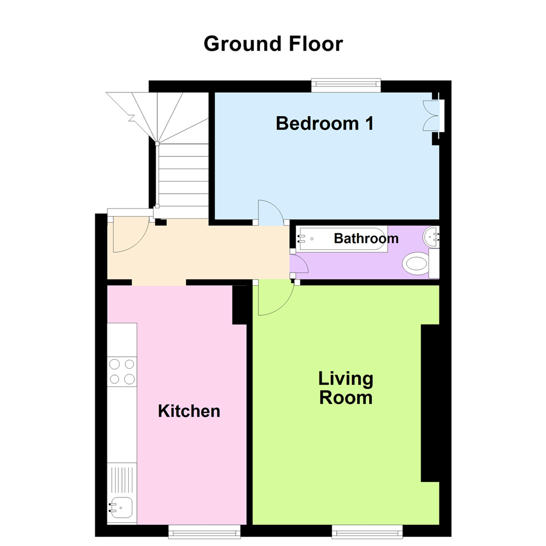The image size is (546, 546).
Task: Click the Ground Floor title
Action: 273,44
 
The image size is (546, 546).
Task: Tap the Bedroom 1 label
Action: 325,123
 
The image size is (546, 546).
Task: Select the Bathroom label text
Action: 366,239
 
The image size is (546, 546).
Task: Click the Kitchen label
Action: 189,411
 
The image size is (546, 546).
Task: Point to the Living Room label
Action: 346,388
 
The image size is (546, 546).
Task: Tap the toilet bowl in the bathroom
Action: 416,264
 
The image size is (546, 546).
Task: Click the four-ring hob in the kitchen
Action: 122,371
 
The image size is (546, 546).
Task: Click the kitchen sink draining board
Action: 122,480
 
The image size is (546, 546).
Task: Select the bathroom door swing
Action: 298,265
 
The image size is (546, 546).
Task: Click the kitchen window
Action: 204,531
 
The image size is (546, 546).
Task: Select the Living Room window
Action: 367,531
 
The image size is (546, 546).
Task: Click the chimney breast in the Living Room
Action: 430,403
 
